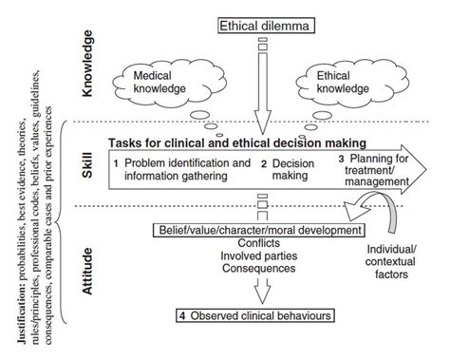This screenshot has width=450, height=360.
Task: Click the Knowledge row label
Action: point(90,59)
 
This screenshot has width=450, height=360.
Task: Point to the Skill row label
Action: point(90,167)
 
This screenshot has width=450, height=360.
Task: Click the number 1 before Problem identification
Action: point(115,161)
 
